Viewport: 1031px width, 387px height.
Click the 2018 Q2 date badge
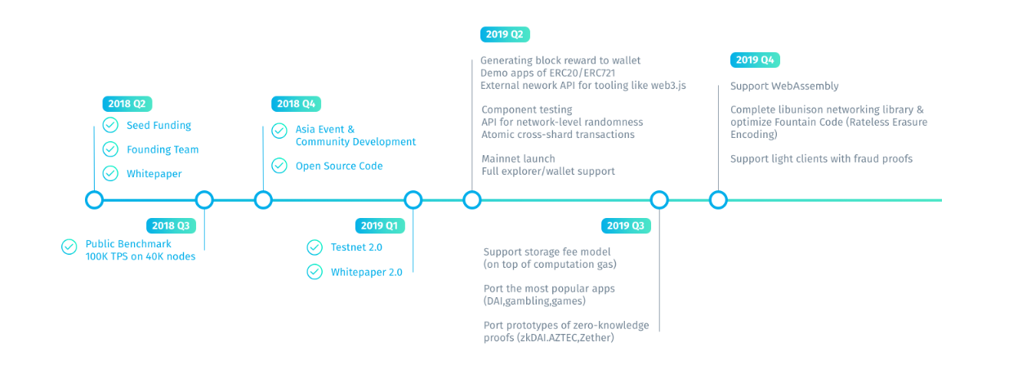(127, 104)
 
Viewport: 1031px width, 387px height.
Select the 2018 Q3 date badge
(171, 226)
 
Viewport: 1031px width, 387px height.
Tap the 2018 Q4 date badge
(296, 104)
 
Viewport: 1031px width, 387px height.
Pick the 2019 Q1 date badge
(380, 226)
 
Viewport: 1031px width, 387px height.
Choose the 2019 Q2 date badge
(505, 34)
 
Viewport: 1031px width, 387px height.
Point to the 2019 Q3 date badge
(626, 226)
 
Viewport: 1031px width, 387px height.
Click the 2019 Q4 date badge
(755, 60)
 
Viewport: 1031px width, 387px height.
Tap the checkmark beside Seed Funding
(110, 125)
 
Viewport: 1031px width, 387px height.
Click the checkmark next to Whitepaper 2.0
(315, 272)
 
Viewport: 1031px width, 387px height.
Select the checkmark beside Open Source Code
(279, 166)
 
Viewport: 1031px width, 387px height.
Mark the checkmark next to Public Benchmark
(69, 247)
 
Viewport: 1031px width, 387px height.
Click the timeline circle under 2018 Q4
(263, 200)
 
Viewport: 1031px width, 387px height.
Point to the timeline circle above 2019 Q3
(659, 200)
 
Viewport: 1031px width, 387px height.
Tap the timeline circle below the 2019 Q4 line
(718, 200)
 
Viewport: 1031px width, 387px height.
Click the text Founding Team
(163, 149)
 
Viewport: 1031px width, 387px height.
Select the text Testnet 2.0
(356, 247)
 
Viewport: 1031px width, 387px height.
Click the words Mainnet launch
(518, 158)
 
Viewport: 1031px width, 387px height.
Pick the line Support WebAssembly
(784, 86)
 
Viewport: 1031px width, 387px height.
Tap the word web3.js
(668, 86)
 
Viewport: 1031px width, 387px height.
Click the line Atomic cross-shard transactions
(558, 135)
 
